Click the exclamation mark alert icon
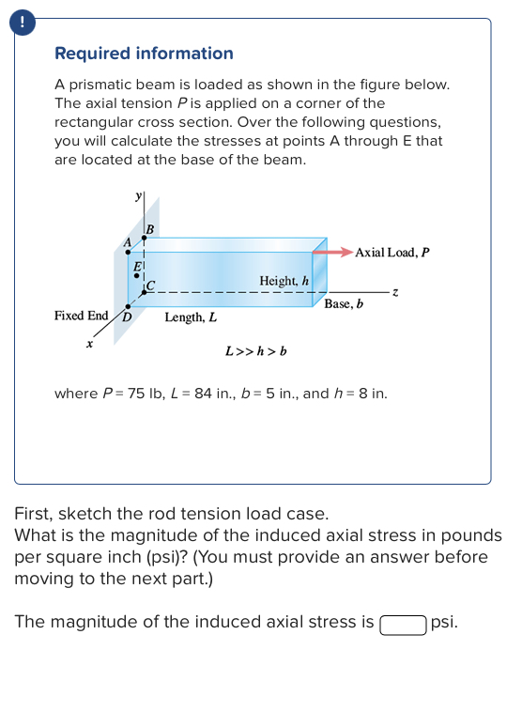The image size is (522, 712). coord(13,20)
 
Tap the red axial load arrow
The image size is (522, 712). coord(332,252)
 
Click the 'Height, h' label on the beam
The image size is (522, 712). coord(284,281)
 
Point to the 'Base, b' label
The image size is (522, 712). coord(344,304)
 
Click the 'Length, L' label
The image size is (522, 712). coord(191,317)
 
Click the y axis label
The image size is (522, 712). coord(139,195)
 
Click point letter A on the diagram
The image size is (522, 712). coord(128,243)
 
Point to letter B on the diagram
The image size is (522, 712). coord(148,228)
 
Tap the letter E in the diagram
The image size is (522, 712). coord(137,268)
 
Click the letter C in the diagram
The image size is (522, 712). coord(149,285)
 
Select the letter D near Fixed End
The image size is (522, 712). coord(124,317)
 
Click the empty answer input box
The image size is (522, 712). coord(403,623)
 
